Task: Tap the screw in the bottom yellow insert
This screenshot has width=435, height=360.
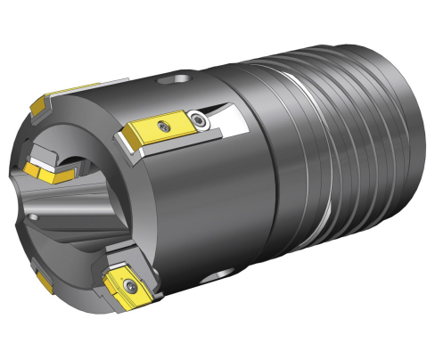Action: pos(131,286)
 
